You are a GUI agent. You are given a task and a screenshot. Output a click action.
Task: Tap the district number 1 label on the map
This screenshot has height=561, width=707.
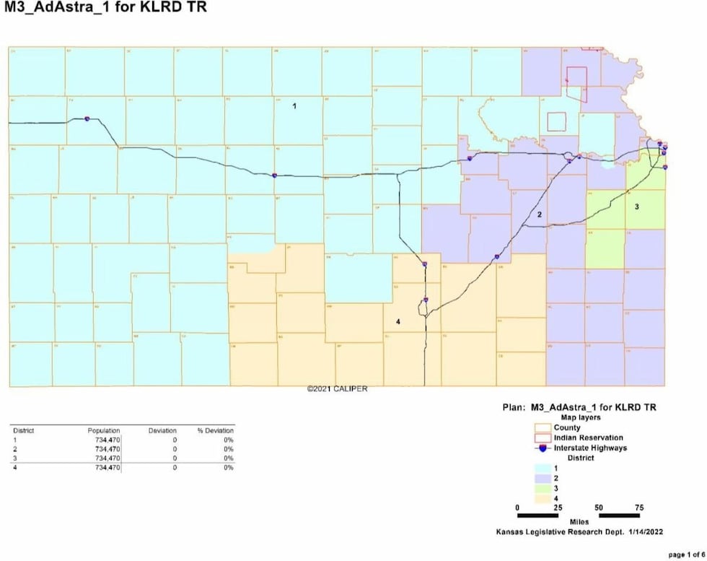pos(294,106)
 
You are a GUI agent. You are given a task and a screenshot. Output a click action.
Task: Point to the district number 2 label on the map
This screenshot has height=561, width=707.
pos(539,215)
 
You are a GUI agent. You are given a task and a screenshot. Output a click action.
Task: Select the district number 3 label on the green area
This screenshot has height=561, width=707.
pos(636,206)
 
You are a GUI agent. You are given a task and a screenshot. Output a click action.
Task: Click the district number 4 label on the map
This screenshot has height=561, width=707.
pos(398,321)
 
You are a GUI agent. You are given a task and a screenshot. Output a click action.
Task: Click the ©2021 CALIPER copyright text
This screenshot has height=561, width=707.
pos(337,389)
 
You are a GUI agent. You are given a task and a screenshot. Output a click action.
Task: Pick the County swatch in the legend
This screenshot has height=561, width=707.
pos(537,427)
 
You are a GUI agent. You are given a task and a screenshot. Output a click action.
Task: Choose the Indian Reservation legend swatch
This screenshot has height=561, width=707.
pos(537,438)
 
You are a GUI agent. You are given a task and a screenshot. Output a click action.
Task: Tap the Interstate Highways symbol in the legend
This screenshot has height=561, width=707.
pos(537,448)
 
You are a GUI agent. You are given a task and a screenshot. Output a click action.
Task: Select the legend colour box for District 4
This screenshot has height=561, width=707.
pos(537,498)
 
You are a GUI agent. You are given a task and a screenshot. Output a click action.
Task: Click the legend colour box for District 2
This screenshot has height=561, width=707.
pos(537,479)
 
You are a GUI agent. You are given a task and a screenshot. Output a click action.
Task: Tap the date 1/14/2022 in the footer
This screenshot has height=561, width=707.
pos(645,532)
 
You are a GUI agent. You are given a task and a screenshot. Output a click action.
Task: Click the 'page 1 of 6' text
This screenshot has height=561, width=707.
pos(685,555)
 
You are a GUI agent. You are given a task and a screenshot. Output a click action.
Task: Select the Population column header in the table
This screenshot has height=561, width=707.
pos(104,430)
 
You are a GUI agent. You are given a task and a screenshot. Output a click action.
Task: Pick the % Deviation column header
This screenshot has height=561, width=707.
pos(215,430)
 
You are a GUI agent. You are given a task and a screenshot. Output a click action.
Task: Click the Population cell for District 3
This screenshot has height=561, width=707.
pos(104,458)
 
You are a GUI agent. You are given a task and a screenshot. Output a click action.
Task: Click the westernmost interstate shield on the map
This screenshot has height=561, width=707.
pos(87,118)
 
